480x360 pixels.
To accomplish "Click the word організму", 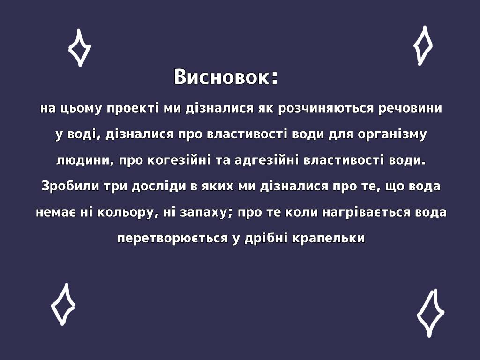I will click(392, 135).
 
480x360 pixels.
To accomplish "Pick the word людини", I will click(84, 160).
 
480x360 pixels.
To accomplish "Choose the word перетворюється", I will click(172, 238).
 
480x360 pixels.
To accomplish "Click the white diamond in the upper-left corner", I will click(80, 48).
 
